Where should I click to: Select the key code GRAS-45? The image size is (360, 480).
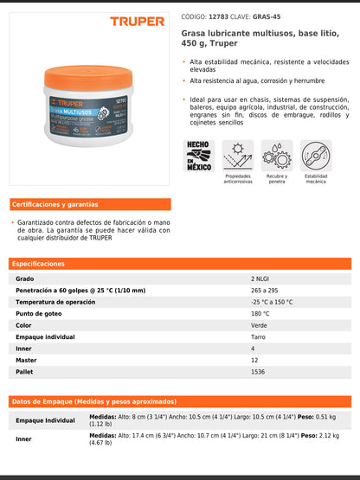point(267,16)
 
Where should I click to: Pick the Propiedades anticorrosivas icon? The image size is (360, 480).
point(237,156)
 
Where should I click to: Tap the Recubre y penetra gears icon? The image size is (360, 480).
point(277,156)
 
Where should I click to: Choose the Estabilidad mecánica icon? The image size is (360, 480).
point(316,156)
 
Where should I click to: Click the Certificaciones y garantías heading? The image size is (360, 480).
point(55,205)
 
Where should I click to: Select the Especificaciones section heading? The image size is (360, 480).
point(39,263)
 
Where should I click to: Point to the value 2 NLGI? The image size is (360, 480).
point(260,278)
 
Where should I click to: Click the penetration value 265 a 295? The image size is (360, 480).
point(264,291)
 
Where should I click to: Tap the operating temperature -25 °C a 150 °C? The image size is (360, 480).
point(272,302)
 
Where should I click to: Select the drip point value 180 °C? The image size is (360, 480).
point(260,314)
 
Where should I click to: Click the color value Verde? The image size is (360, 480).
point(259,325)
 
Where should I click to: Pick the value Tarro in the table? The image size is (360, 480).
point(258,336)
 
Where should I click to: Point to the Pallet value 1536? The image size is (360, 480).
point(257,371)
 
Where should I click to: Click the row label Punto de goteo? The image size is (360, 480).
point(38,314)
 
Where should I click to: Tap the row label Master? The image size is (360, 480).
point(27,360)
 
